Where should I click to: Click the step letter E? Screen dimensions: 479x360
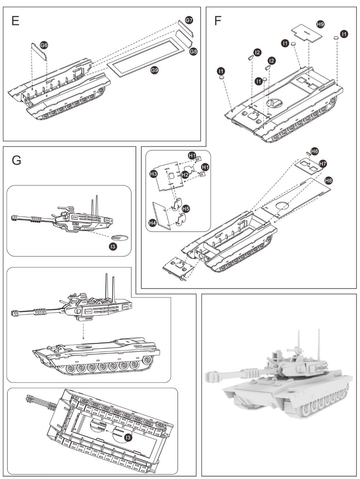(x=15, y=21)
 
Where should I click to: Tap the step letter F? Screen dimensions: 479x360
(x=217, y=21)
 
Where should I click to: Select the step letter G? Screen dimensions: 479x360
(x=17, y=160)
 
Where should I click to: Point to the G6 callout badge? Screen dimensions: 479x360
(x=44, y=45)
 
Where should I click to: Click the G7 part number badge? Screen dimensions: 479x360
(x=189, y=20)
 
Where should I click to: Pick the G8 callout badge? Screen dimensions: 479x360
(x=193, y=52)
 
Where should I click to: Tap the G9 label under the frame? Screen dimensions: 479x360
(x=154, y=70)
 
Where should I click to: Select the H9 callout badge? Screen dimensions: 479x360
(x=320, y=24)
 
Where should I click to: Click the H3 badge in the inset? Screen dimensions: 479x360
(x=153, y=174)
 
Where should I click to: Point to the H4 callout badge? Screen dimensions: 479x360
(x=153, y=223)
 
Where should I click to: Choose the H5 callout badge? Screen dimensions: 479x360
(x=186, y=209)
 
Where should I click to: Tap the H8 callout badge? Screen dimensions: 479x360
(x=328, y=180)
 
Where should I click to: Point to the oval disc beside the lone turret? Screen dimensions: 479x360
(x=120, y=237)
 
